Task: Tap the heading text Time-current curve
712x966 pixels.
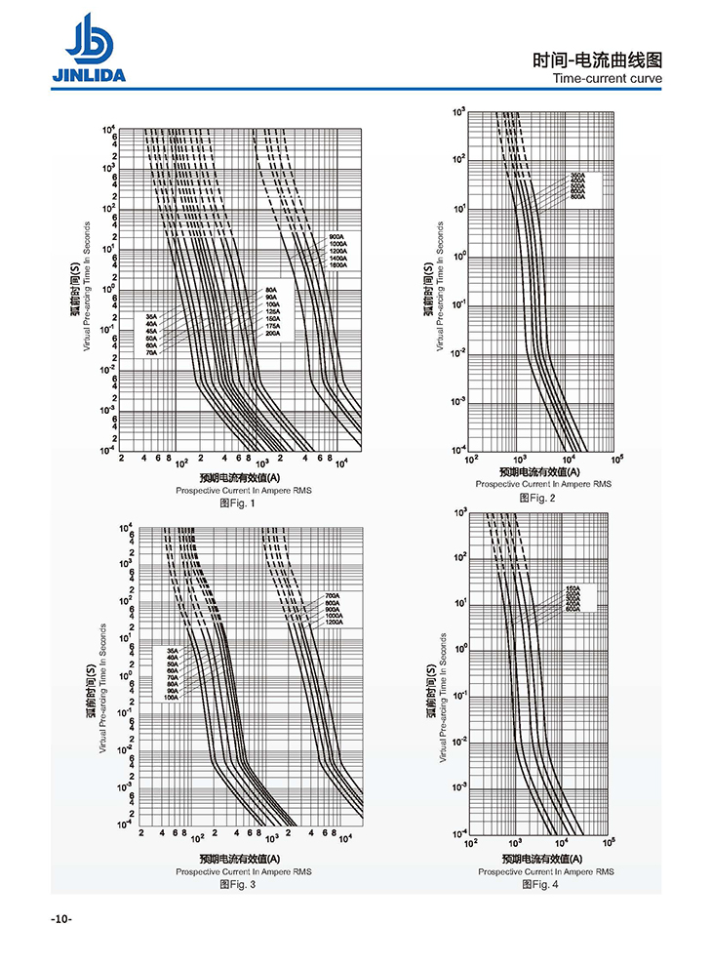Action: coord(607,79)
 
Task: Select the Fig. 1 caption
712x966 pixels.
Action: coord(237,503)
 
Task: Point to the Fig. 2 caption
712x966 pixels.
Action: coord(537,498)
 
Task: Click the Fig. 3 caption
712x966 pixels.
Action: coord(237,884)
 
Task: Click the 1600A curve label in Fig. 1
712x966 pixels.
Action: coord(337,266)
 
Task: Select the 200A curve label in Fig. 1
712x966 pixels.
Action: coord(272,334)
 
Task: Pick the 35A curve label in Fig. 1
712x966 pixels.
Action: coord(151,316)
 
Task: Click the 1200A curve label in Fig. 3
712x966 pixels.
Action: coord(334,622)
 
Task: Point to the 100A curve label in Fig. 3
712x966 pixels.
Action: coord(172,697)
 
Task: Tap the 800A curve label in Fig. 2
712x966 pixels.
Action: coord(577,197)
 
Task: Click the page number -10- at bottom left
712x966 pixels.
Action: coord(61,919)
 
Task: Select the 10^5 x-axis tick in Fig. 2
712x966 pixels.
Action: coord(617,459)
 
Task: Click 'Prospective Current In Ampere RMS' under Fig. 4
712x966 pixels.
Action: coord(546,871)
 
